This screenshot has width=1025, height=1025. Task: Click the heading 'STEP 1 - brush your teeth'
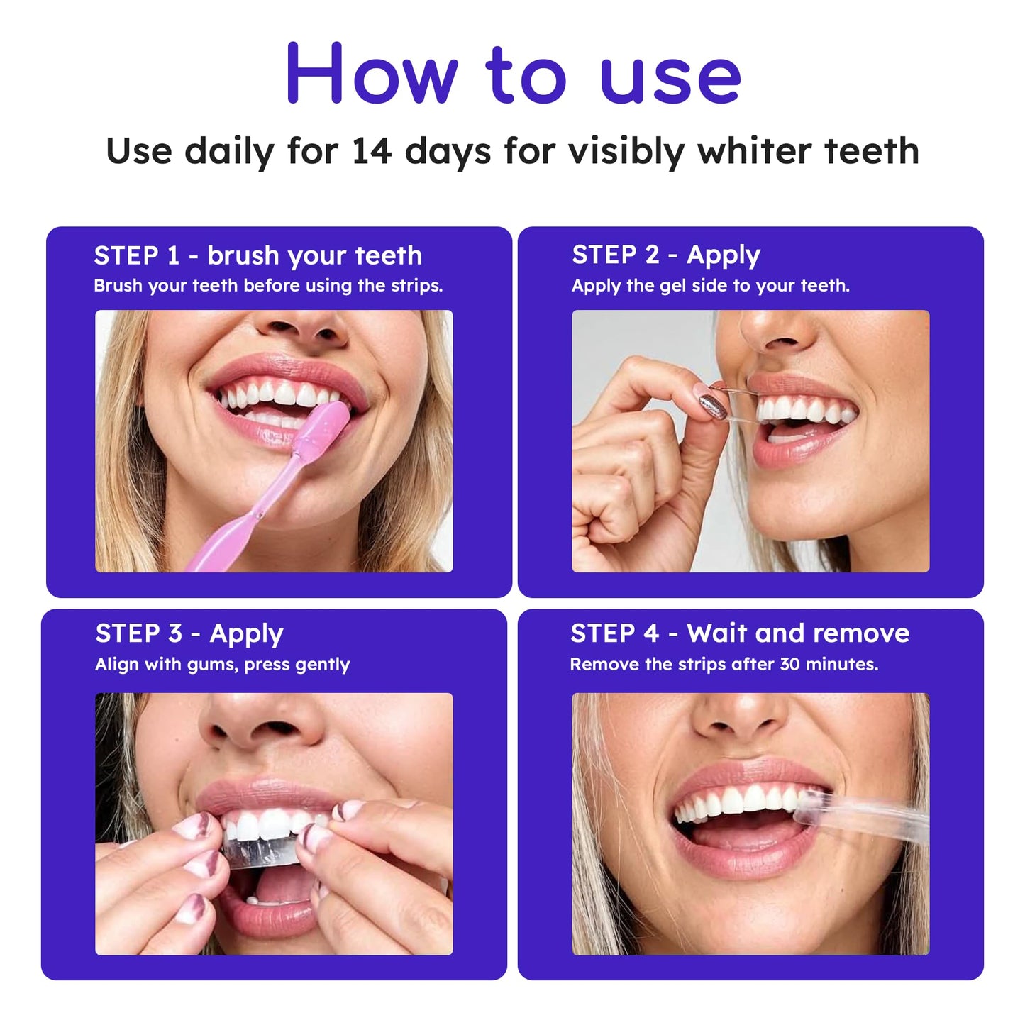pos(257,255)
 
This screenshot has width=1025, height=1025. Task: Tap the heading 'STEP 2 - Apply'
pos(665,255)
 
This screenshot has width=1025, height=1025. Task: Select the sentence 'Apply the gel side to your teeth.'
pos(710,286)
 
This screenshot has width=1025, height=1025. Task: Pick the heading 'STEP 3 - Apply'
pos(189,633)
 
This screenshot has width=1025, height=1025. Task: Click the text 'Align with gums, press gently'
pos(222,665)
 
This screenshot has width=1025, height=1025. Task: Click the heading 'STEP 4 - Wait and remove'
pos(739,633)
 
